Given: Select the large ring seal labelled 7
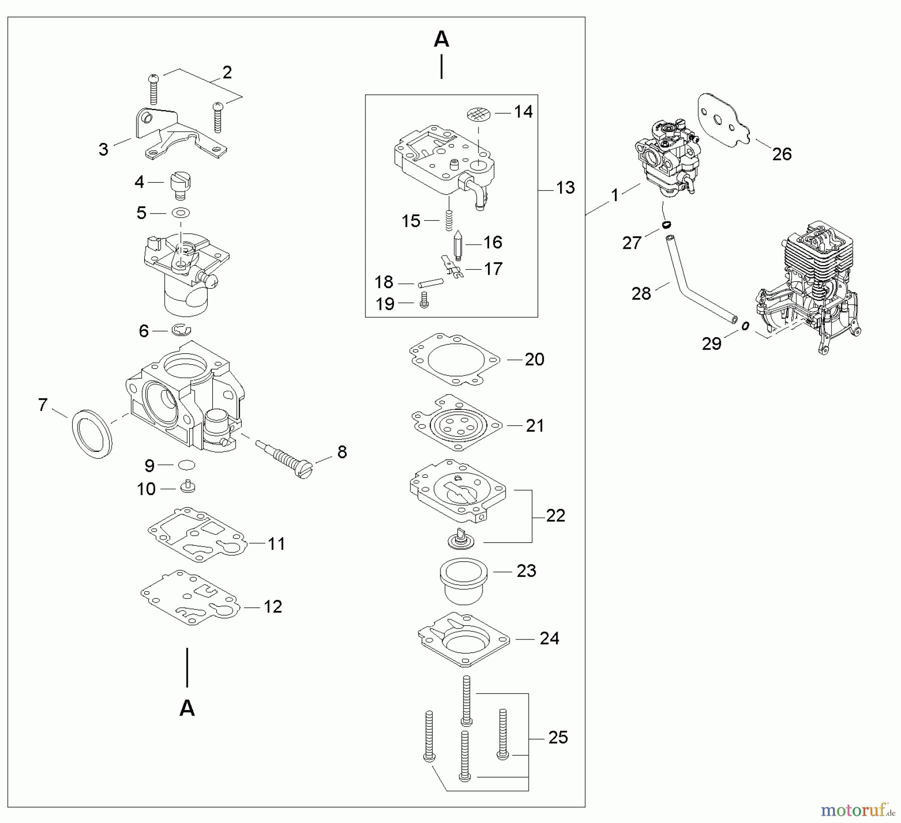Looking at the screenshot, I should (93, 434).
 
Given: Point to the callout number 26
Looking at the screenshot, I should (781, 154).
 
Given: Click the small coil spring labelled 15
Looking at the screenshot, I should (449, 220).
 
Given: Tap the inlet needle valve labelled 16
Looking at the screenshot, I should (457, 244).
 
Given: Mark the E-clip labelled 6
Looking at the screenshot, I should (182, 330).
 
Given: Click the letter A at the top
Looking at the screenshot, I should (441, 39).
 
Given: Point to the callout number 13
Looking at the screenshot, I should (565, 188).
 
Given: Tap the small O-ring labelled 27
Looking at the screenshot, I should (665, 225).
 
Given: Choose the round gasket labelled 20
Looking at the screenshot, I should (454, 360).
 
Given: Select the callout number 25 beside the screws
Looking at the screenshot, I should (558, 737).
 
